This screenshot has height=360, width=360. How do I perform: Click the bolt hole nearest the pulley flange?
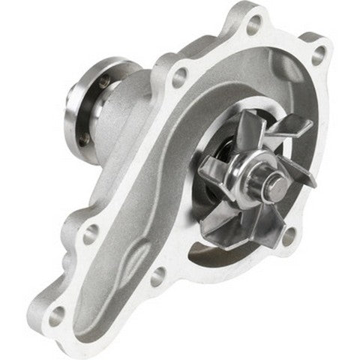click(x=179, y=74)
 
